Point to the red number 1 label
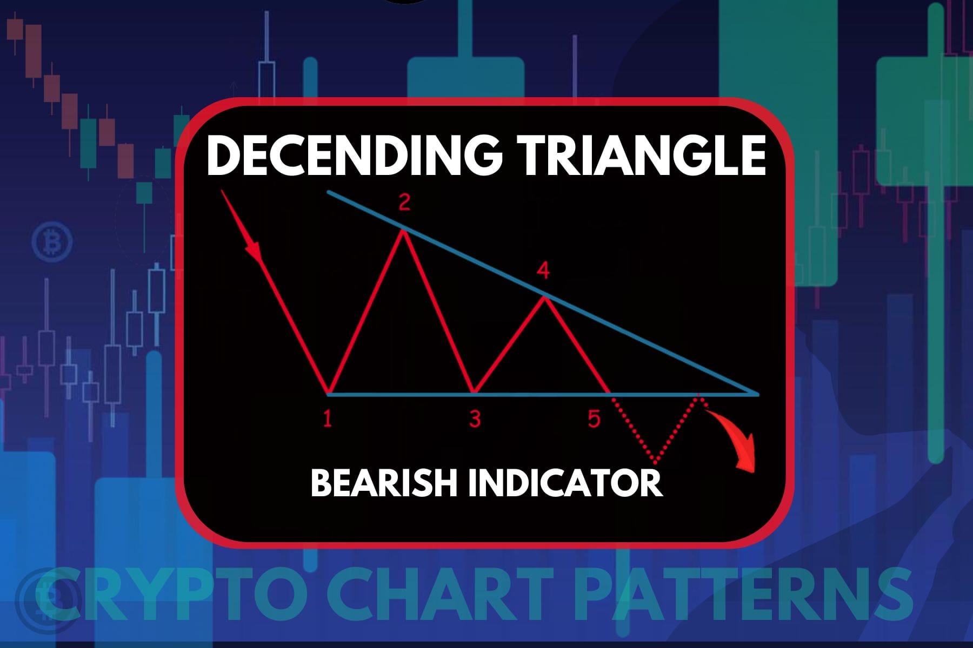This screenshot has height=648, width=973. click(327, 419)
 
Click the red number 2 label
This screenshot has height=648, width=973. click(404, 203)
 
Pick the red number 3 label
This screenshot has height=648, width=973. click(475, 419)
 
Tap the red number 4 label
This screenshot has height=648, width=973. click(544, 271)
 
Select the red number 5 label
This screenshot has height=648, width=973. click(594, 419)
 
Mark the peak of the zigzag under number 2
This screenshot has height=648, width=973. click(402, 232)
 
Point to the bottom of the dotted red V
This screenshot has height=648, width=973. click(656, 463)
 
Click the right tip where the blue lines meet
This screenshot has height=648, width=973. click(758, 394)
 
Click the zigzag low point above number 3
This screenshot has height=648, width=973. click(474, 393)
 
